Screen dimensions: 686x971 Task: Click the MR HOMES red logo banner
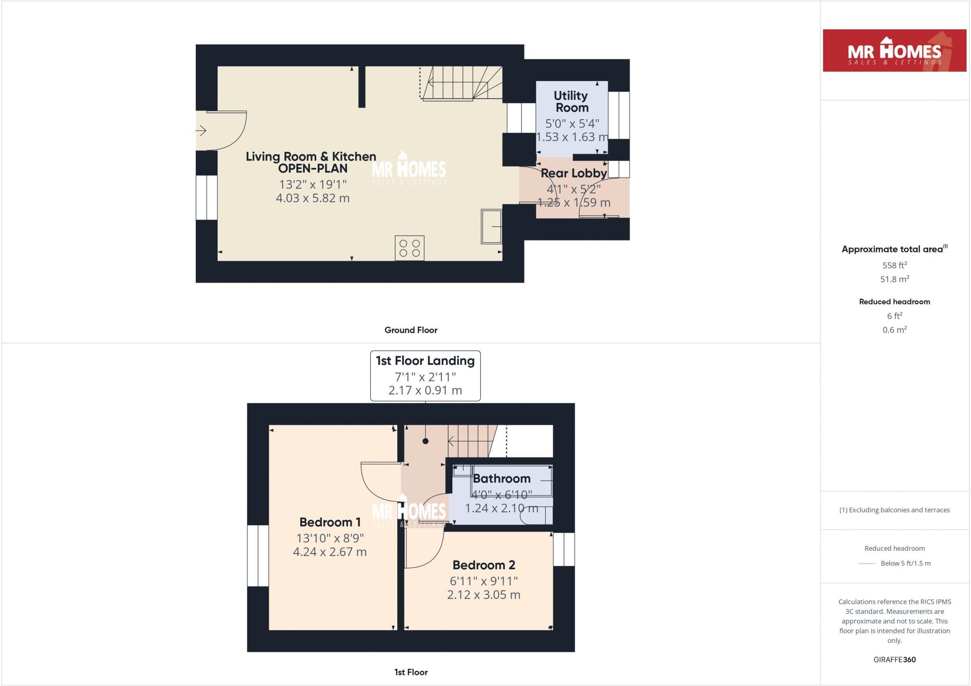coord(894,51)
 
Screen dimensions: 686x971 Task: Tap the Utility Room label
coord(571,102)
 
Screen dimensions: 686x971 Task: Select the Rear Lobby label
coord(574,174)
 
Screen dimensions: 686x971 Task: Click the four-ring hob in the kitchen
coord(410,248)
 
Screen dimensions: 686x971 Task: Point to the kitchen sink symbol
coord(492,226)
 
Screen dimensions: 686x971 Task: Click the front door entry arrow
coord(201,130)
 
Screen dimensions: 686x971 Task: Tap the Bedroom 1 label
coord(330,522)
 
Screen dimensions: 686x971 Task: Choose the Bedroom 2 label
coord(484,565)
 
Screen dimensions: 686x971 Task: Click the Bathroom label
coord(501,479)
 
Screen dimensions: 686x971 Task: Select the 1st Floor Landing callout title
coord(425,361)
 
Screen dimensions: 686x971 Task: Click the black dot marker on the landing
coord(425,441)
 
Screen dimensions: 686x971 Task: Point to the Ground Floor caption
coord(411,330)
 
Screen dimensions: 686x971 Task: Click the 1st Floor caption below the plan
coord(411,672)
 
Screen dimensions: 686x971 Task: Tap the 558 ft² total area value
coord(894,265)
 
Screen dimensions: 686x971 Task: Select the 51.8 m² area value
coord(894,279)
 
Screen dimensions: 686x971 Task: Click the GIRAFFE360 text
coord(894,659)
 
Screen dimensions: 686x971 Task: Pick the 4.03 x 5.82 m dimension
coord(312,198)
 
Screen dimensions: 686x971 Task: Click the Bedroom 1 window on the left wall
coord(258,556)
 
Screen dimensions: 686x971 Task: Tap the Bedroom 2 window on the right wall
coord(564,549)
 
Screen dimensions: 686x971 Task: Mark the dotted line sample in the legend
coord(866,564)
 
